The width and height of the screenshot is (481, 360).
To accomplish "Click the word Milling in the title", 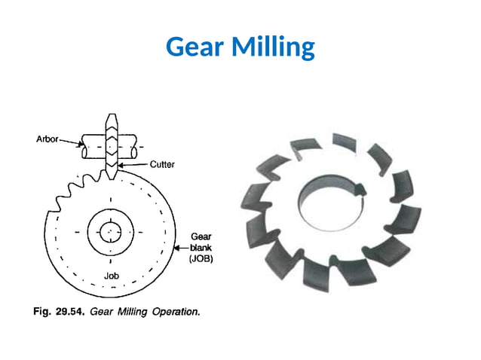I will [x=274, y=48].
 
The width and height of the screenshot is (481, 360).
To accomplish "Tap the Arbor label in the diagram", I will [x=48, y=139].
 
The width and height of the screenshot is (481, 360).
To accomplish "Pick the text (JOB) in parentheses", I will [x=201, y=258].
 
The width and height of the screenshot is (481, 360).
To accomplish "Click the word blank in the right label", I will [x=201, y=247].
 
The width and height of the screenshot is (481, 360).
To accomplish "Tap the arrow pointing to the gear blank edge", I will [x=181, y=247].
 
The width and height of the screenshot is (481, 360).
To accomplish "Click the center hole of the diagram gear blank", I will [x=111, y=230].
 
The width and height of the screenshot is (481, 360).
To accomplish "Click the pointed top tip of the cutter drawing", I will [x=111, y=118].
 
